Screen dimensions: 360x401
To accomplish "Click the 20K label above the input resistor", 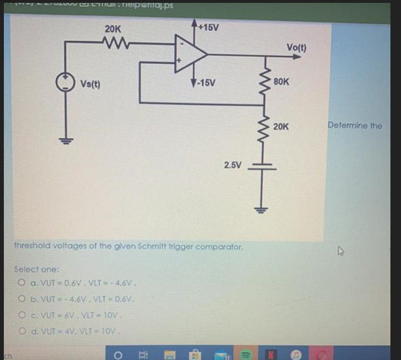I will [113, 29].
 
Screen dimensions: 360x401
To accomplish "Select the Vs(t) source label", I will [90, 84].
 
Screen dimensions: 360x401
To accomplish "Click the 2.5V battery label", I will [233, 165].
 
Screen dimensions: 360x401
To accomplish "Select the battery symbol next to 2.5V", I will [262, 166].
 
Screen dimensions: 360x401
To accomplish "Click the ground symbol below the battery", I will [262, 209].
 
